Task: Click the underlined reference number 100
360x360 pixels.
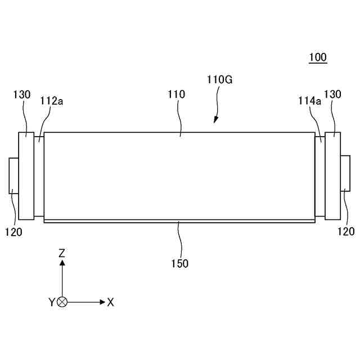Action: (x=318, y=57)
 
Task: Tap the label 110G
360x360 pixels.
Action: (x=219, y=79)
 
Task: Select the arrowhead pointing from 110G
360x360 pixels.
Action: (x=215, y=120)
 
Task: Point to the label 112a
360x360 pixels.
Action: (x=51, y=101)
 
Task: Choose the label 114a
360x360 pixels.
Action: (x=309, y=101)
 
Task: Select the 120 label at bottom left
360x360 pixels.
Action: (x=13, y=231)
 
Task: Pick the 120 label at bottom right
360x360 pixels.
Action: (x=346, y=231)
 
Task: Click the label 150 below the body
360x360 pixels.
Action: (x=180, y=263)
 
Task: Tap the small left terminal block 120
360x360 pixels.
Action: (x=14, y=176)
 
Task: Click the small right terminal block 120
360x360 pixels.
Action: (x=345, y=174)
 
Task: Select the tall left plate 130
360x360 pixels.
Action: (x=26, y=176)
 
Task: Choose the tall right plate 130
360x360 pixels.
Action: (x=332, y=176)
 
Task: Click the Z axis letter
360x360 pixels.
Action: (x=62, y=253)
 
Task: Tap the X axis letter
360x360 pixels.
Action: (x=110, y=302)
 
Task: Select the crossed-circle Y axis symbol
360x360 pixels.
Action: (x=62, y=302)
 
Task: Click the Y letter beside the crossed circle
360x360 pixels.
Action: (x=52, y=302)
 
